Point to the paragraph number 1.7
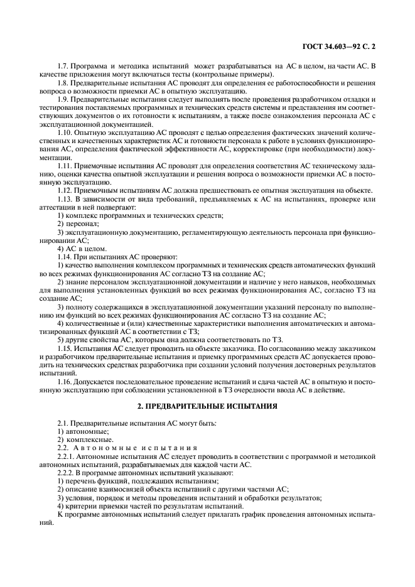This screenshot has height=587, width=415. tap(62, 66)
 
